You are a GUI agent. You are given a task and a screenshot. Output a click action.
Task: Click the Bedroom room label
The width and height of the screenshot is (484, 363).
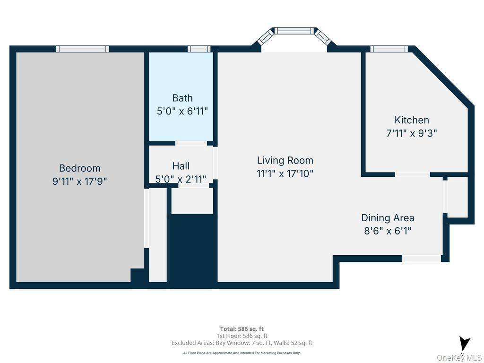[x=79, y=168]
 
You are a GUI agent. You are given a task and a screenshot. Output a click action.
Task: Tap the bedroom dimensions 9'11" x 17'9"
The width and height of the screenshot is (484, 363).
[x=79, y=181]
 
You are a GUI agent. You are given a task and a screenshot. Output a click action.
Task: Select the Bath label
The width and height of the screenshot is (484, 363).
[x=182, y=98]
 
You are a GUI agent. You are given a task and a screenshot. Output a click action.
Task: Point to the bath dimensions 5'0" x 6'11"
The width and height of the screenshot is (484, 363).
[x=182, y=112]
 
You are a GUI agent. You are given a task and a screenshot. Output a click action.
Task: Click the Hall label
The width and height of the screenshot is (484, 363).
[x=181, y=166]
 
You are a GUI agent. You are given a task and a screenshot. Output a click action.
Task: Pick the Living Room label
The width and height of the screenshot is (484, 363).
[x=285, y=160]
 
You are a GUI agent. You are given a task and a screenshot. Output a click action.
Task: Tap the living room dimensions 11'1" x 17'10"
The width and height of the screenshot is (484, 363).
[x=285, y=173]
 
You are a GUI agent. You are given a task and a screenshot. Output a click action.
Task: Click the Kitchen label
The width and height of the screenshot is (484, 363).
[x=412, y=120]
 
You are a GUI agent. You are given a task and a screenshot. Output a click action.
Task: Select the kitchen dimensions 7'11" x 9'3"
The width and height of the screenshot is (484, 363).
[x=412, y=133]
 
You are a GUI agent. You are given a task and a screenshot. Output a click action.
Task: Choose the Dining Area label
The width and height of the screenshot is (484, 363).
[x=388, y=218]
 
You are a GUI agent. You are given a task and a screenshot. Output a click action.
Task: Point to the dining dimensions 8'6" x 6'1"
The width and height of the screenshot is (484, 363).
[x=388, y=231]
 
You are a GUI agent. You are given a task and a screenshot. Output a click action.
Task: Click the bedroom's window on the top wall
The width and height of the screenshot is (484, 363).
[x=82, y=49]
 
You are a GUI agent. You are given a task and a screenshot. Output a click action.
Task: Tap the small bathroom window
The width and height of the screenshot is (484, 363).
[x=199, y=49]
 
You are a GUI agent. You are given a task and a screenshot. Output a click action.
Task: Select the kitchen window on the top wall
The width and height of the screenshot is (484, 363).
[x=389, y=49]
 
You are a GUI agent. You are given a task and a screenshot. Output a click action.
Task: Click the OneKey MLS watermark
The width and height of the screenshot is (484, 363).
[x=459, y=358]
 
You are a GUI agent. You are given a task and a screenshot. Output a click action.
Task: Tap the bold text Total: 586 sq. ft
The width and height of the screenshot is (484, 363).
[x=242, y=329]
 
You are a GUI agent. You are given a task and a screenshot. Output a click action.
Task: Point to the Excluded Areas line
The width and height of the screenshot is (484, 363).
[x=242, y=343]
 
